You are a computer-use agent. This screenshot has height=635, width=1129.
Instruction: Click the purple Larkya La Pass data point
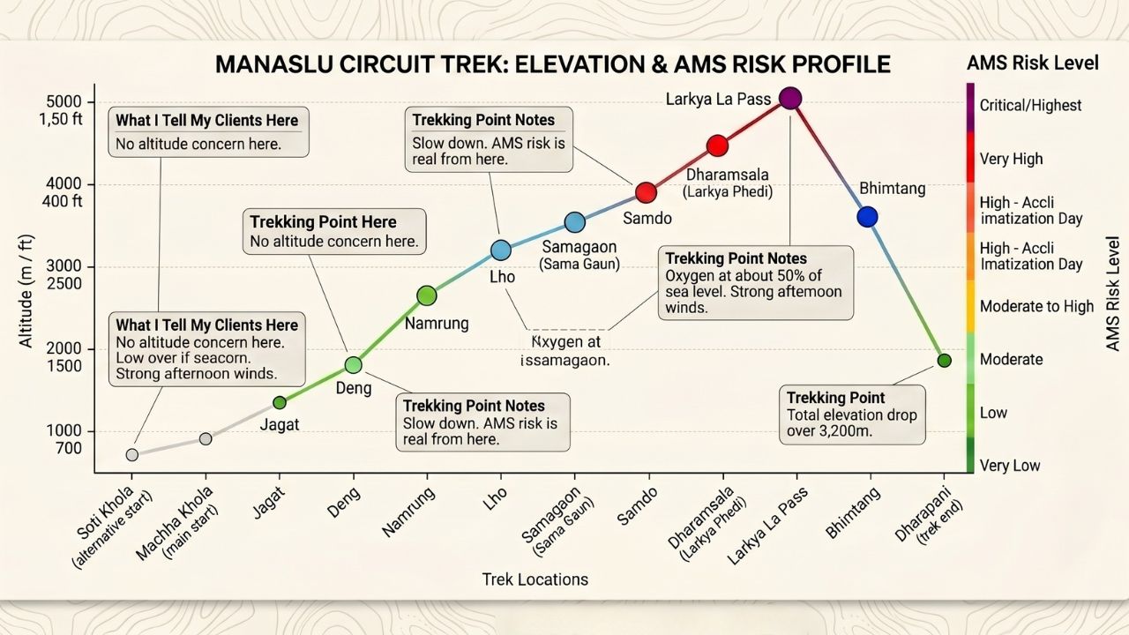point(791,98)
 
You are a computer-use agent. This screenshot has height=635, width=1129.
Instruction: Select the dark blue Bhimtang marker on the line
point(867,217)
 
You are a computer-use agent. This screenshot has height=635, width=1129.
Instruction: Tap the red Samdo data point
point(646,192)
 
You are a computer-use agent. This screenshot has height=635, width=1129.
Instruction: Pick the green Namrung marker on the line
point(426,295)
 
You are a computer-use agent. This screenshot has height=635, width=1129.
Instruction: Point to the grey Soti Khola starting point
point(132,455)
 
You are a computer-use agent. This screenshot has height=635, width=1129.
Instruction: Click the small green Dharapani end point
point(944,360)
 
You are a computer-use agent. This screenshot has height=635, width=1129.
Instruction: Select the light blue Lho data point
point(500,250)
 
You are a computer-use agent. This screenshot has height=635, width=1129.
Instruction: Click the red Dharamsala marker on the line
point(717,146)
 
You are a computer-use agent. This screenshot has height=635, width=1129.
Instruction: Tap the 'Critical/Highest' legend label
point(1030,105)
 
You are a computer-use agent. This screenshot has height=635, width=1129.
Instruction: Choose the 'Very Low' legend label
point(1010,466)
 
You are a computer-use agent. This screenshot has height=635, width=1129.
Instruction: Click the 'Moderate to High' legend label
point(1036,306)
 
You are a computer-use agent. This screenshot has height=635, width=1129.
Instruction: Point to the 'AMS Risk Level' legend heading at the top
point(1033,63)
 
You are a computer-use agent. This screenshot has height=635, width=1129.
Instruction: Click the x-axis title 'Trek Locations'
point(535,579)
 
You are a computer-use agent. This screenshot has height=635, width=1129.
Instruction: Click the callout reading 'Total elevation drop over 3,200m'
point(851,415)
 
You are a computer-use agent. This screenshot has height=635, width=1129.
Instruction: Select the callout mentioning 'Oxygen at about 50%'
point(756,282)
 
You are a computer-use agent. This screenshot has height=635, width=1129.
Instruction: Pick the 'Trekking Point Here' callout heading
point(323,222)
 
